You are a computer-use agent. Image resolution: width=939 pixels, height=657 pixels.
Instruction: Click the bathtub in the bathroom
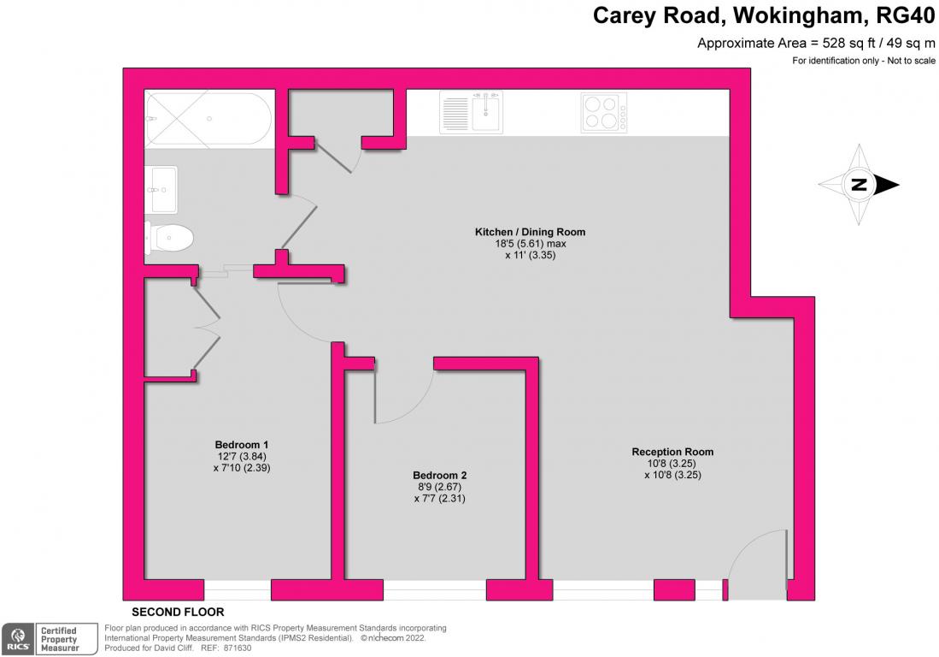(208, 120)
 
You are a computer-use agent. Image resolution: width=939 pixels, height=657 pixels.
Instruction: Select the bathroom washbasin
(161, 189)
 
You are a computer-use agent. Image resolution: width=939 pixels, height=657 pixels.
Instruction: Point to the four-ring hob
(604, 113)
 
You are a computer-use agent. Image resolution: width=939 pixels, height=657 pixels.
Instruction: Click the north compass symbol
(860, 185)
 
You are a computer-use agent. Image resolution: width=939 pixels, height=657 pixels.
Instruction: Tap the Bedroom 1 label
(242, 445)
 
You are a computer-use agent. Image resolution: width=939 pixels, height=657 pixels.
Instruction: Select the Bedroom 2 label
(439, 476)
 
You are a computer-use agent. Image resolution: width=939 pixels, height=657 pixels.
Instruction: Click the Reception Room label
(672, 452)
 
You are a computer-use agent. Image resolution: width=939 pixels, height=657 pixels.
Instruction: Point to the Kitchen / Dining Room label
(530, 232)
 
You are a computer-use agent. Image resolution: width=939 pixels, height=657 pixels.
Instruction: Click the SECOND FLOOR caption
(178, 613)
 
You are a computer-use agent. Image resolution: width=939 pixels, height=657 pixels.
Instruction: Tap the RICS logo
(17, 639)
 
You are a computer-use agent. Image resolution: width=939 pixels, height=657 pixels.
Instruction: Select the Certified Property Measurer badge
(59, 639)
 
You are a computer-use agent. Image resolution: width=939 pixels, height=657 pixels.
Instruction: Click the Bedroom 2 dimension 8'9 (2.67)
(439, 488)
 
